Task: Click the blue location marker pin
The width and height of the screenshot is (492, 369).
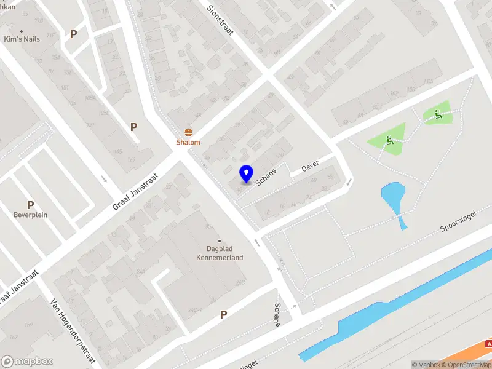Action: [246, 173]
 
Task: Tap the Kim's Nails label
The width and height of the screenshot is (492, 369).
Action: [22, 39]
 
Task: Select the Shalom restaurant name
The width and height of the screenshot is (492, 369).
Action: [188, 142]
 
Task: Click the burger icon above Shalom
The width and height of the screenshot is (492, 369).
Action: [188, 132]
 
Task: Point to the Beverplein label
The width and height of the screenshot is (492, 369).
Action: [30, 215]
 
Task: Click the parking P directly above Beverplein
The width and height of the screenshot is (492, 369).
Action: [30, 205]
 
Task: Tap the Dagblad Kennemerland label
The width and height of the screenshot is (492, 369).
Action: [220, 253]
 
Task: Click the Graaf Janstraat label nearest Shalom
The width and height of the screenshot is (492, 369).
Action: [135, 192]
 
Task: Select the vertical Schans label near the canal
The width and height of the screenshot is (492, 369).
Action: [277, 314]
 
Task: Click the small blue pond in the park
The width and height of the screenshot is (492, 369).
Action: [392, 198]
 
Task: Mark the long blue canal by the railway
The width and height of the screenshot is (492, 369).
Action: [394, 307]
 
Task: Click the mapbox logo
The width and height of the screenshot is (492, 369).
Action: [27, 362]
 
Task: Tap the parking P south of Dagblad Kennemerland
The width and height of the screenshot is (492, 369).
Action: [224, 314]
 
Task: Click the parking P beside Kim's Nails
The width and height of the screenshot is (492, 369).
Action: [73, 34]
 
